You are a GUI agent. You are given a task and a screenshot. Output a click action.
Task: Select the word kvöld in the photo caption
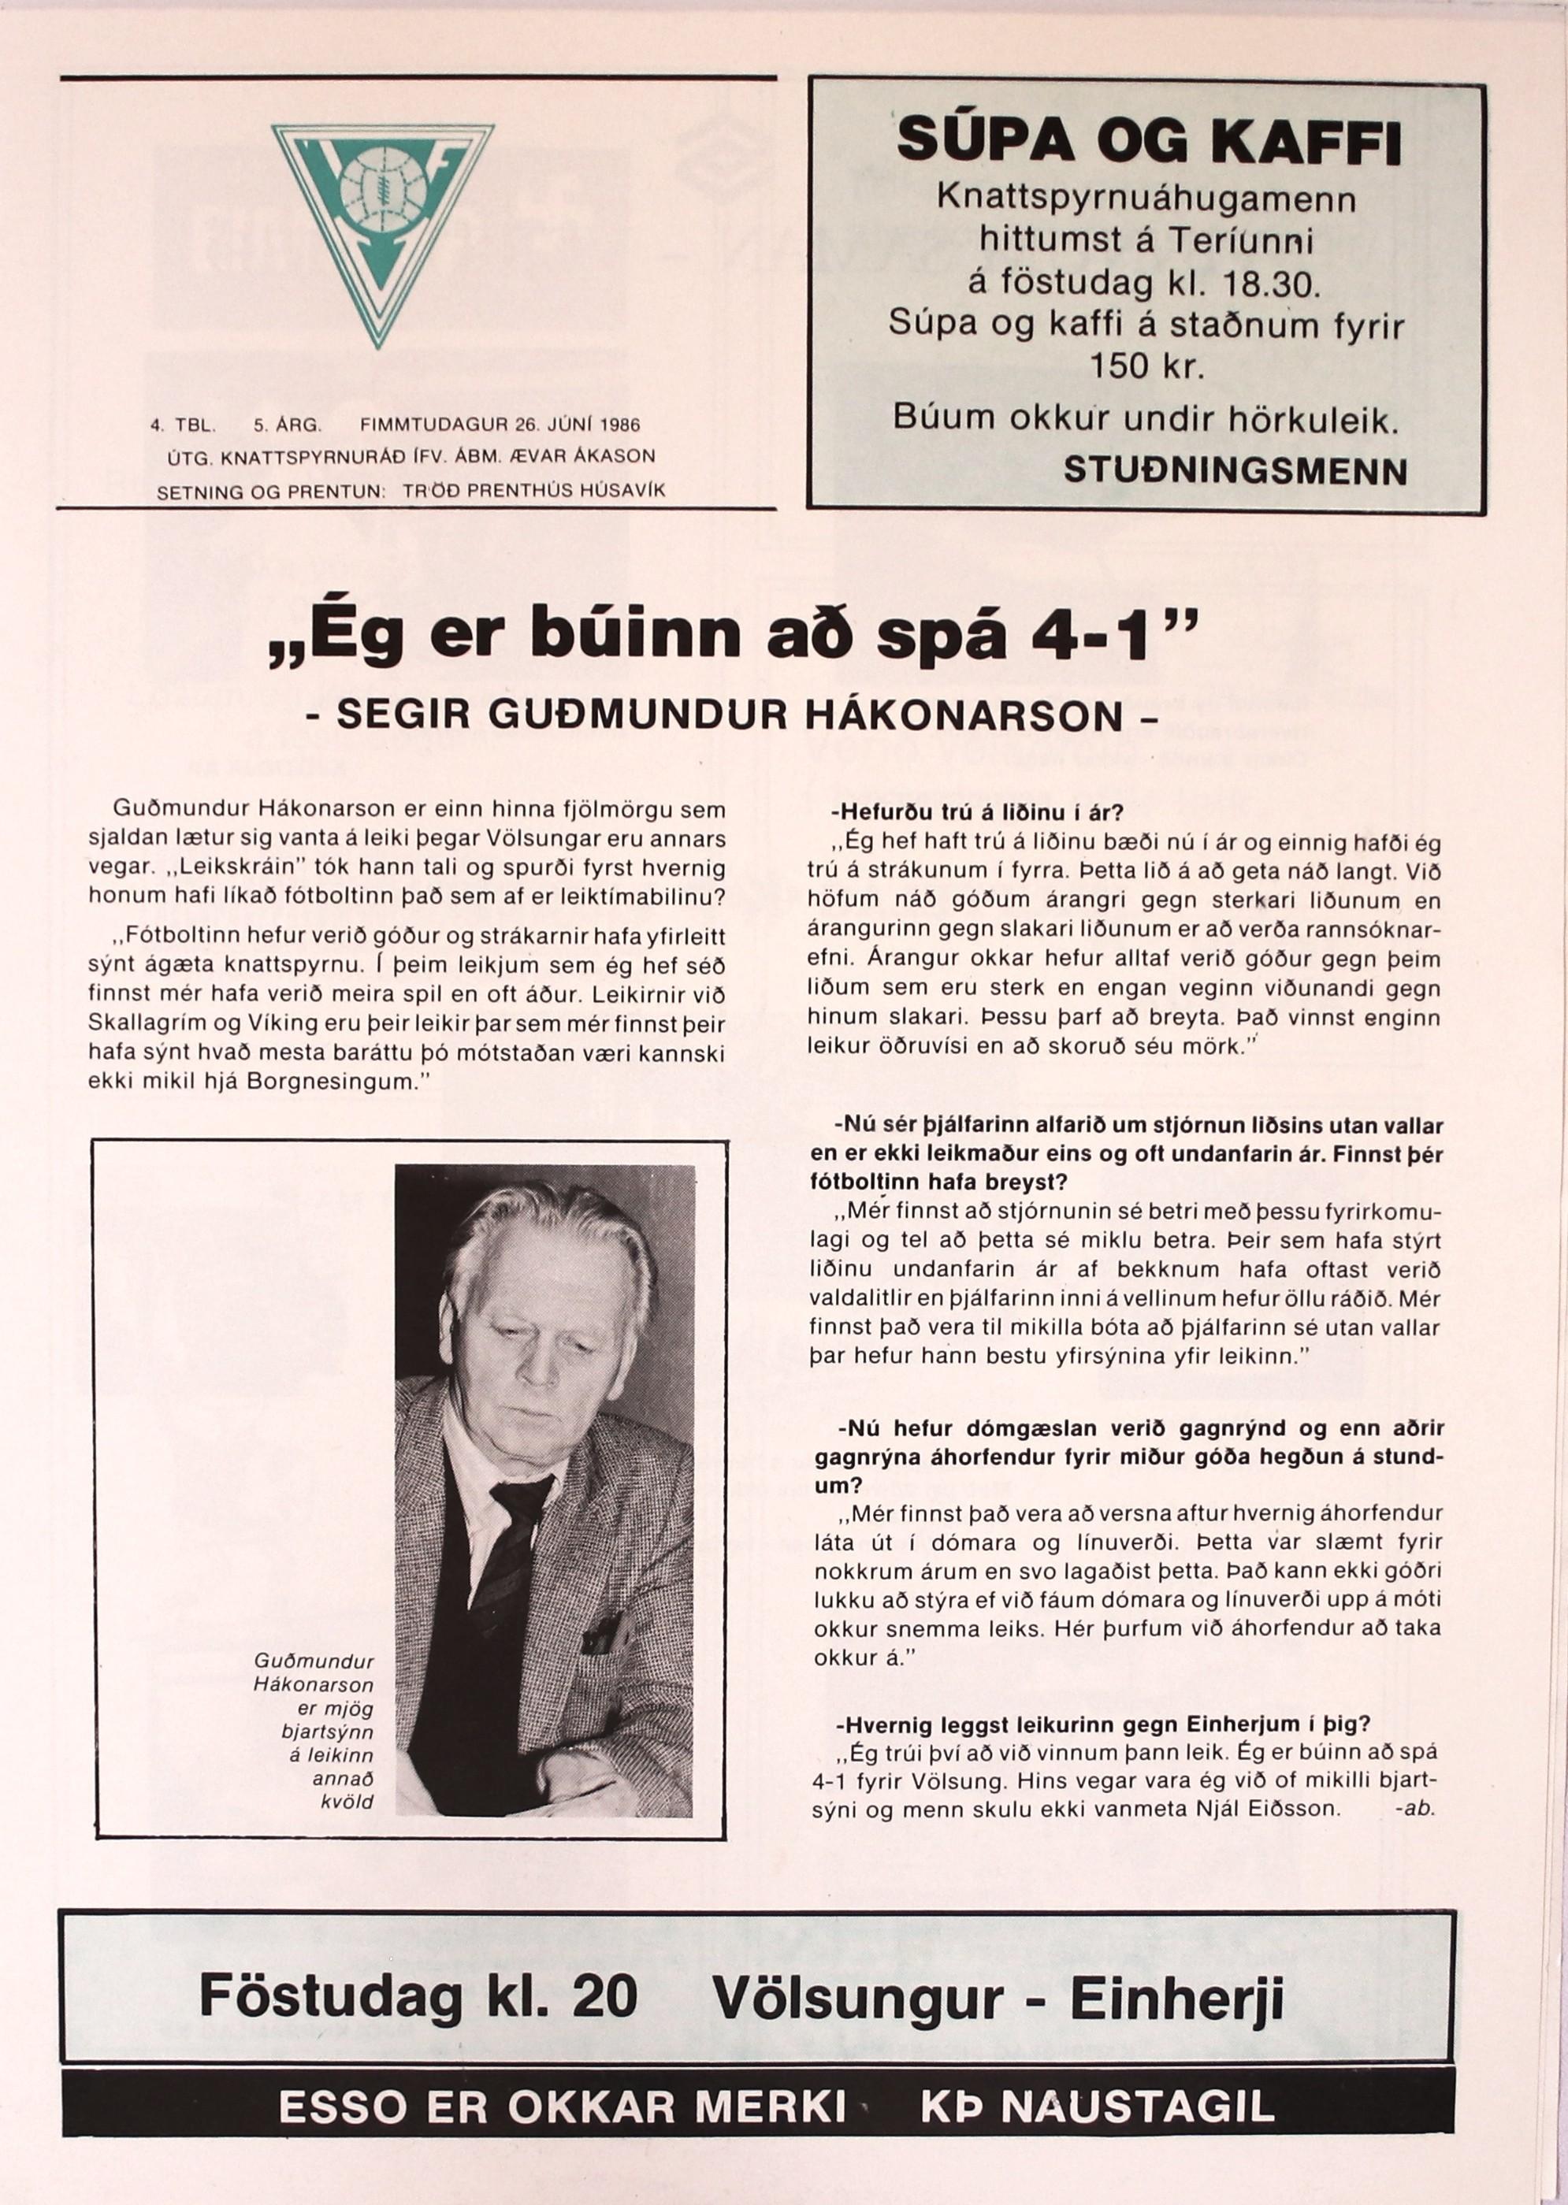[348, 1802]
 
